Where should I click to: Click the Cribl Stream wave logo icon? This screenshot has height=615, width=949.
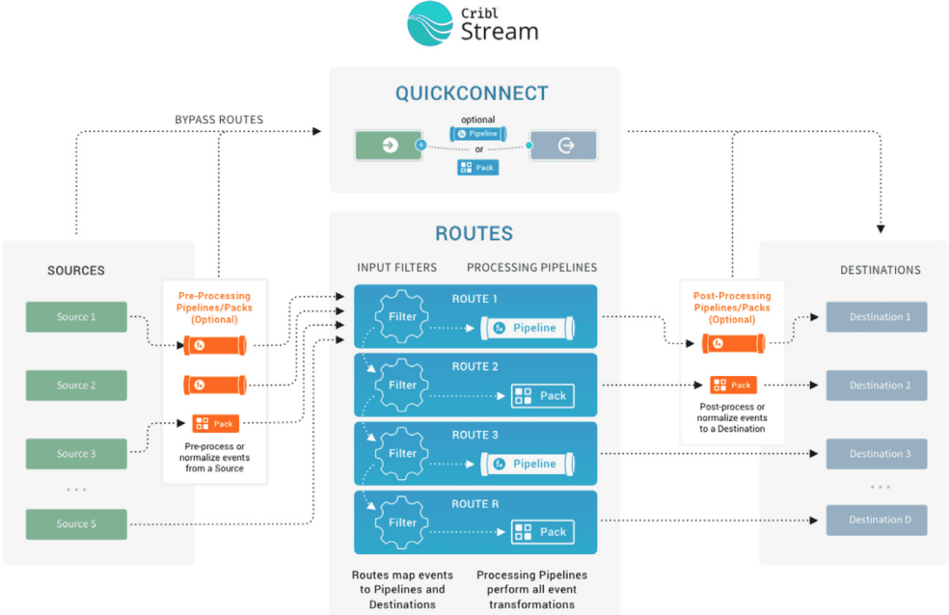coord(431,24)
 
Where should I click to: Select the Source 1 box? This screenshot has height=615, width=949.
coord(76,317)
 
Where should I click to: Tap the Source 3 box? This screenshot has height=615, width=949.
coord(76,453)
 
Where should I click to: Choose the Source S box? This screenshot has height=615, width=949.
coord(76,523)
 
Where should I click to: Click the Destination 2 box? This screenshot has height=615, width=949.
coord(876,385)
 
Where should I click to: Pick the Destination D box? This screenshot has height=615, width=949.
coord(876,520)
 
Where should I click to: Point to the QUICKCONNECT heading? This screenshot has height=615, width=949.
coord(472,94)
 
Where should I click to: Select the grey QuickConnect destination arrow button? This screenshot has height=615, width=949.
coord(563,146)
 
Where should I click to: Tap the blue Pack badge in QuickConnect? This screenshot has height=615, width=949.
coord(477,167)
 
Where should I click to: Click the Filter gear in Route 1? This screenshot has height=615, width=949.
coord(402,315)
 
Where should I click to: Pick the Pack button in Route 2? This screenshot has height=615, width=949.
coord(541,395)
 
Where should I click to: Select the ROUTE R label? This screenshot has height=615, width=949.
coord(475,504)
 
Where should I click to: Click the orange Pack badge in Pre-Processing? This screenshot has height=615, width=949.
coord(215,423)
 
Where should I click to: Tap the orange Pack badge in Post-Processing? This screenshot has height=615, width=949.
coord(733,385)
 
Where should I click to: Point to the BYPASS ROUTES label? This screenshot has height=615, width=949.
coord(219,120)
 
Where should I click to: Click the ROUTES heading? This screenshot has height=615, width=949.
coord(474,233)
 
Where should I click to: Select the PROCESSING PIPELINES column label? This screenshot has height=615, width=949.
coord(531,267)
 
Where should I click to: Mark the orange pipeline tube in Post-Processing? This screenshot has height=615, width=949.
coord(733,342)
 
